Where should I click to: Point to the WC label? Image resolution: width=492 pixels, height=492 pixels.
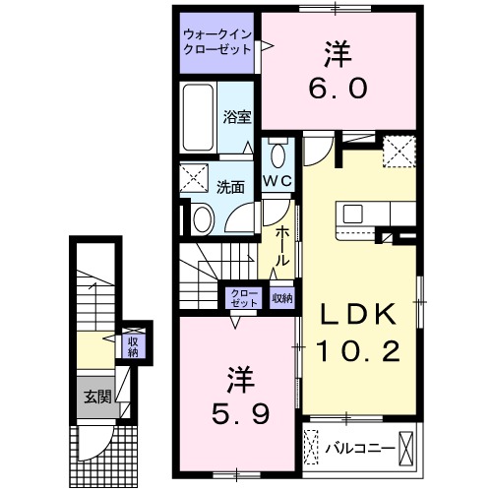click(x=278, y=181)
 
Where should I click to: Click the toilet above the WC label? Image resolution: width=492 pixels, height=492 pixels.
click(x=278, y=154)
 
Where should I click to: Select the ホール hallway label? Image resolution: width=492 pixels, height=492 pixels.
click(x=283, y=246)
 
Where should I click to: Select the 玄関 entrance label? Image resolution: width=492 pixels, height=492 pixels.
click(x=96, y=398)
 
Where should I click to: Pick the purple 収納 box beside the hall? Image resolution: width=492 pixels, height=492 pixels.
click(x=281, y=298)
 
